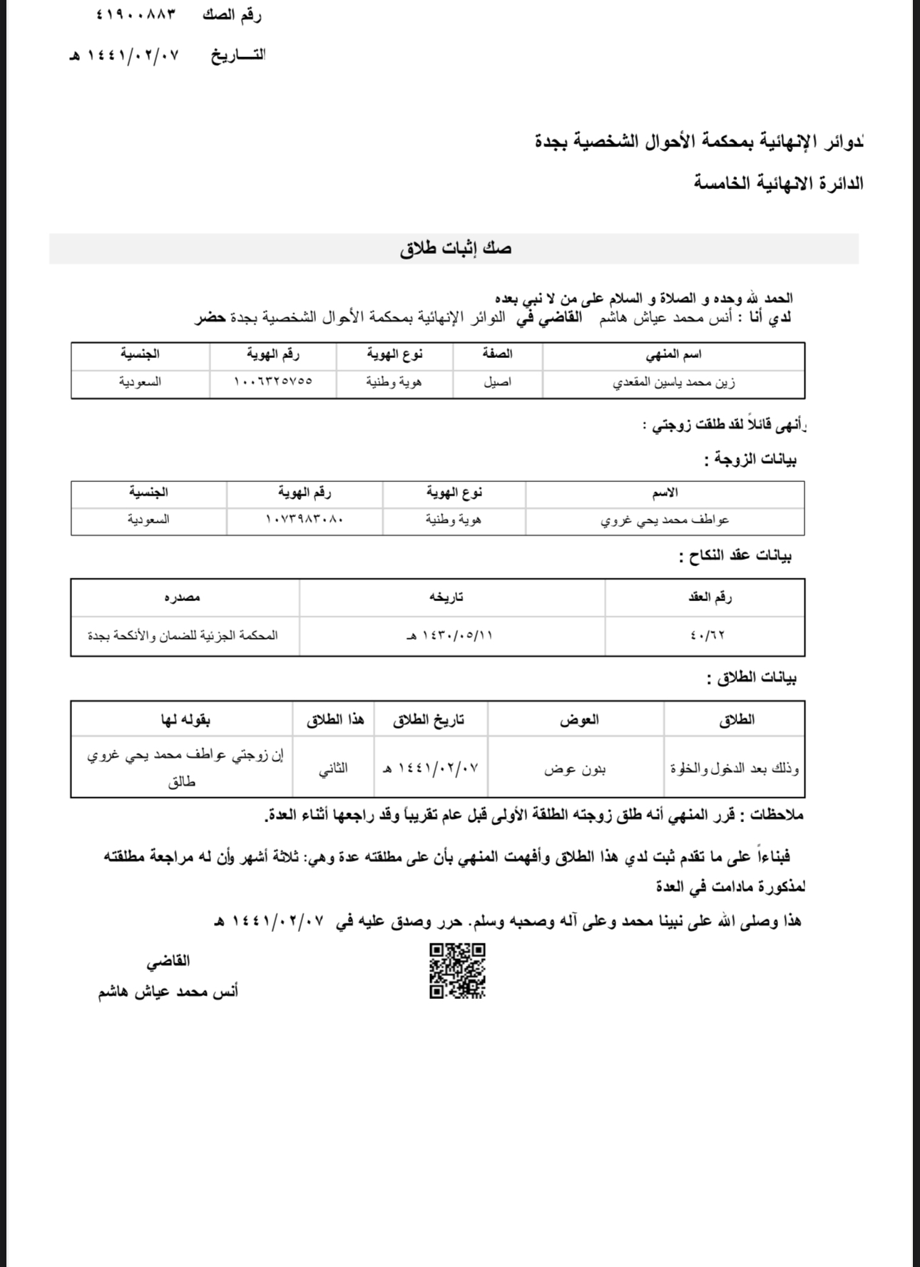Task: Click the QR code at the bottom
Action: pos(457,970)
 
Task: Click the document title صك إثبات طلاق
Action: pos(456,249)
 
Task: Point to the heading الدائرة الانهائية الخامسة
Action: pos(779,183)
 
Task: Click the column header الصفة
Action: pos(497,354)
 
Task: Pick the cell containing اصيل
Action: pos(497,382)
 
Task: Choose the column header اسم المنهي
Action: pos(673,354)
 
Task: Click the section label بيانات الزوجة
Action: pos(750,460)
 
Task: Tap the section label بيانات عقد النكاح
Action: pos(736,556)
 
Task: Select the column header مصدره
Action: pos(183,597)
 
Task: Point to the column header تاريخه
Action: pos(446,597)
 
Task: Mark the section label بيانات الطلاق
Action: pos(752,678)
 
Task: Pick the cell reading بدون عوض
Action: pos(575,769)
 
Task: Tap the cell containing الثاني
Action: pos(333,769)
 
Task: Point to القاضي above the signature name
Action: pos(168,961)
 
